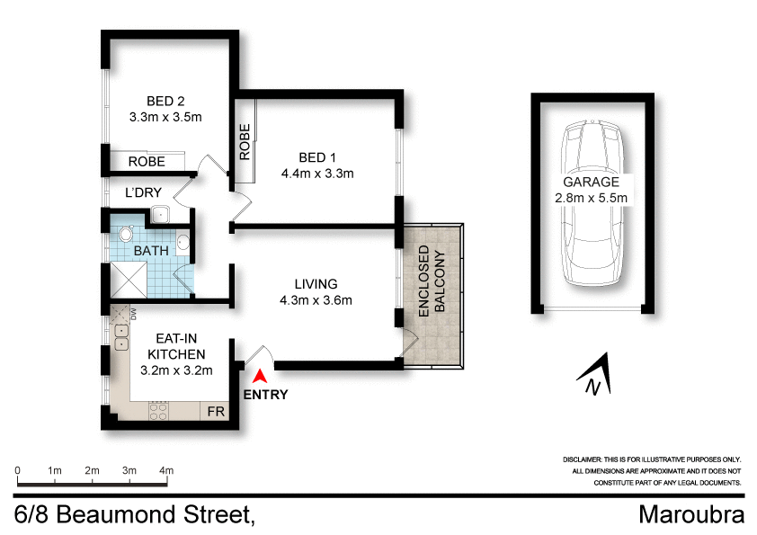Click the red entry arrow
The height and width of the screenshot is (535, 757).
(261, 378)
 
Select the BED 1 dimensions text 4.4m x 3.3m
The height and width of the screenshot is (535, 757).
(317, 174)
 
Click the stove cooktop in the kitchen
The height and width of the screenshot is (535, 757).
(158, 412)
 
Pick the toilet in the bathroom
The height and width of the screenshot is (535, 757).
(125, 236)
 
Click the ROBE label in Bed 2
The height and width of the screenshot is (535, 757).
(146, 162)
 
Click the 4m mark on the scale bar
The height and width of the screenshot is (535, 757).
(166, 470)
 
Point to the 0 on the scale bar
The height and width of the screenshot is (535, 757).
(18, 470)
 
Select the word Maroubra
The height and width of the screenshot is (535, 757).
(691, 515)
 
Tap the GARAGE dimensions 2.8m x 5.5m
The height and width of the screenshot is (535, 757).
(592, 198)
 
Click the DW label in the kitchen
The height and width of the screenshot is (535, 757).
(132, 314)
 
